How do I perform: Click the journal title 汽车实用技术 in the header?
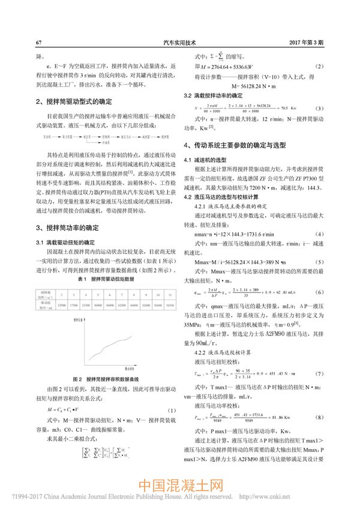coord(179,43)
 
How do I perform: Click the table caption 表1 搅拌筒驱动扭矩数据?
coord(105,280)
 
